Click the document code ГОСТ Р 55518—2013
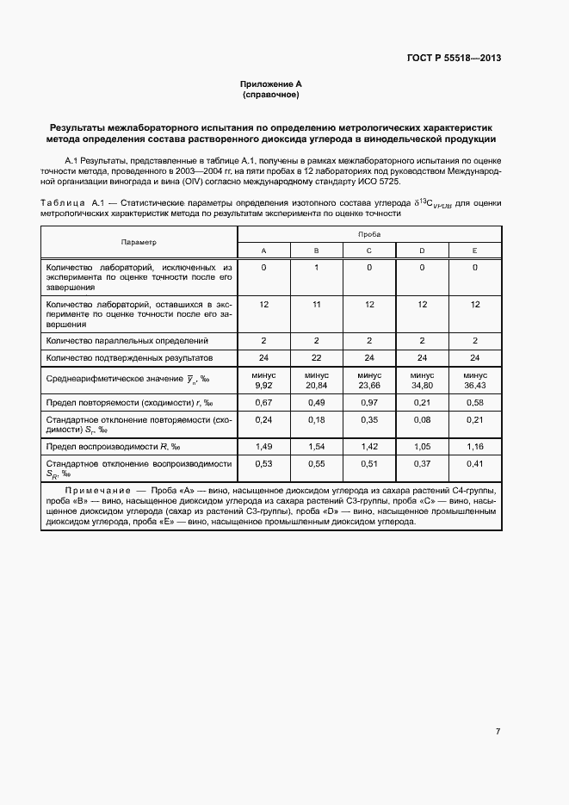(x=454, y=59)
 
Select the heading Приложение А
(x=271, y=84)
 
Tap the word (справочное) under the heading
(x=271, y=94)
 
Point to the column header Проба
(x=369, y=234)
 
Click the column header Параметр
(x=139, y=242)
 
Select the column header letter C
(x=369, y=251)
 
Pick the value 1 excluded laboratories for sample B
(x=316, y=268)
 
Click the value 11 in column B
(x=316, y=305)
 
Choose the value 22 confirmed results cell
(x=316, y=356)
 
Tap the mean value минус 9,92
(x=263, y=381)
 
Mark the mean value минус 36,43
(x=474, y=381)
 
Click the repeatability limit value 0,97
(x=369, y=402)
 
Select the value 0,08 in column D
(x=422, y=419)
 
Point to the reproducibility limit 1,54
(x=316, y=446)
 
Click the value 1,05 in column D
(x=422, y=446)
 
